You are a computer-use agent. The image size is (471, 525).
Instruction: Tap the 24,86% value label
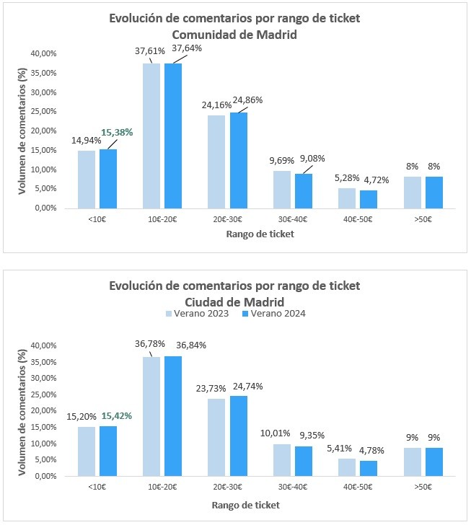pos(247,100)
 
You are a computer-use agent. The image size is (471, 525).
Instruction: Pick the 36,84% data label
pos(190,345)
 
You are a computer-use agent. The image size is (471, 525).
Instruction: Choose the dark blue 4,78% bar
pos(369,469)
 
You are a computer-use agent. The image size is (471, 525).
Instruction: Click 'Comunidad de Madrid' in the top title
pos(235,35)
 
